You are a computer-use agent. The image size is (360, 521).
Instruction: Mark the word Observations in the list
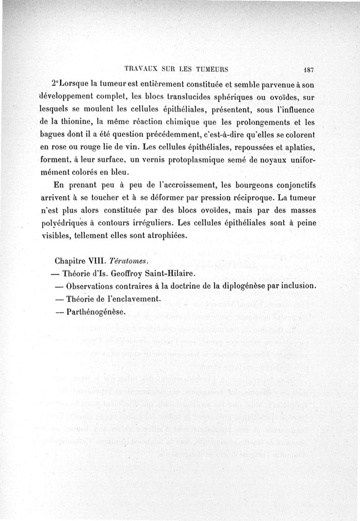93,287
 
